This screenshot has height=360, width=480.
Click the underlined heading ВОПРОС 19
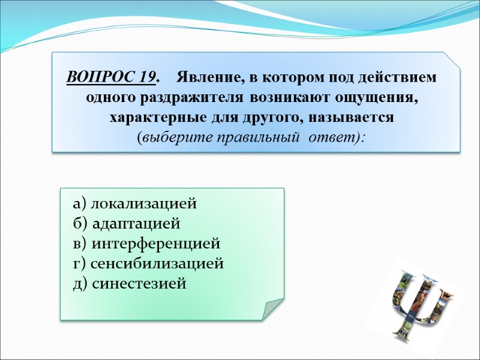pyautogui.click(x=111, y=78)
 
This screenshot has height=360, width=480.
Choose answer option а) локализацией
pyautogui.click(x=134, y=204)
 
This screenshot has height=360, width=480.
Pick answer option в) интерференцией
pyautogui.click(x=146, y=244)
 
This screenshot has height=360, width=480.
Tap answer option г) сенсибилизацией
pyautogui.click(x=148, y=263)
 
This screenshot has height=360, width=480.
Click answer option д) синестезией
pyautogui.click(x=130, y=283)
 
